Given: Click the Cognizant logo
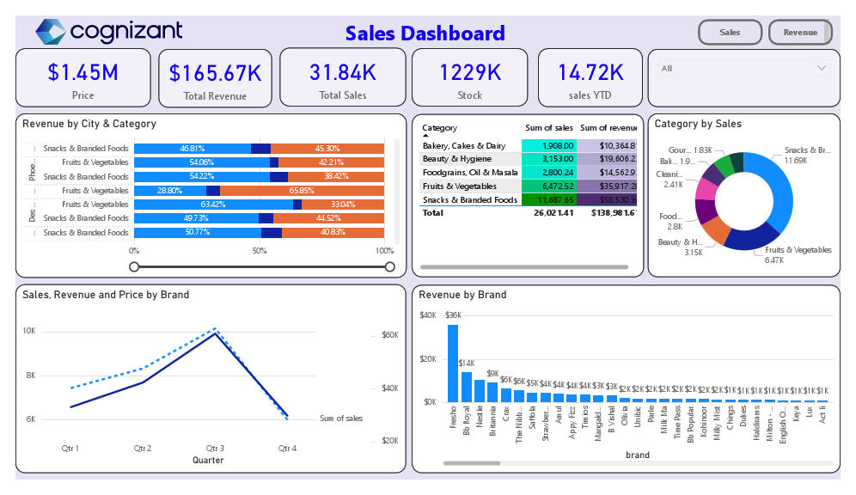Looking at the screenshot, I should pos(108,32).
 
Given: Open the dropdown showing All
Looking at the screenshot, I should pos(743,68).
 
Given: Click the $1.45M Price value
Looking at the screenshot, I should pos(83,72).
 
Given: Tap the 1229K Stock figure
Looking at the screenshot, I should pos(470,72).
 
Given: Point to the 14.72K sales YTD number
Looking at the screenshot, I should pos(590,72).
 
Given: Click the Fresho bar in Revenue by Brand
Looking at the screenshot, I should pos(453,362).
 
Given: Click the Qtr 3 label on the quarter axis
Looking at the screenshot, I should pos(215,449).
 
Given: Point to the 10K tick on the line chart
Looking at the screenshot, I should pos(28,331).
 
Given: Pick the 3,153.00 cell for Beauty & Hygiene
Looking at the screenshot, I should pos(551,159).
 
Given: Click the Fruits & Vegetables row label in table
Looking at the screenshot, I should pos(459,186).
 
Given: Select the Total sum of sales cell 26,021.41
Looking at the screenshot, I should pos(553,212).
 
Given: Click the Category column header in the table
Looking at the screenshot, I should pos(440,128).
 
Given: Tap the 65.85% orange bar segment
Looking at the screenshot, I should pos(302,191).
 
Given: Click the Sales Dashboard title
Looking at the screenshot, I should pos(425,34).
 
